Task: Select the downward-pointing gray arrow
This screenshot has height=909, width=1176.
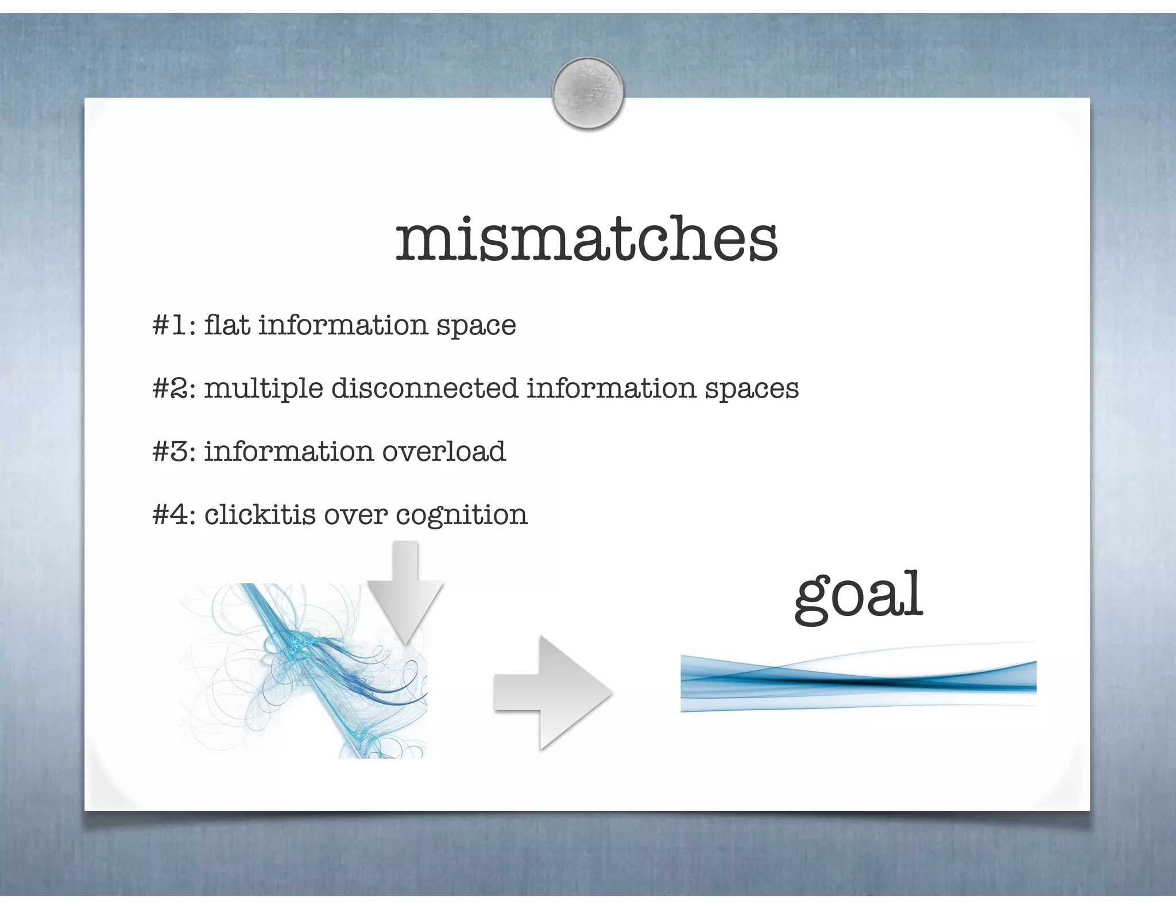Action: [x=405, y=592]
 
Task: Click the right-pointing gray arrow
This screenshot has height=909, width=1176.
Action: [x=552, y=692]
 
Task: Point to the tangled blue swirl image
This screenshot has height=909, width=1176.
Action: [x=303, y=671]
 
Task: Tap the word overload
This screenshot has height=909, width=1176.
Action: [x=444, y=452]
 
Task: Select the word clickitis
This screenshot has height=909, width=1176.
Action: [x=260, y=515]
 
